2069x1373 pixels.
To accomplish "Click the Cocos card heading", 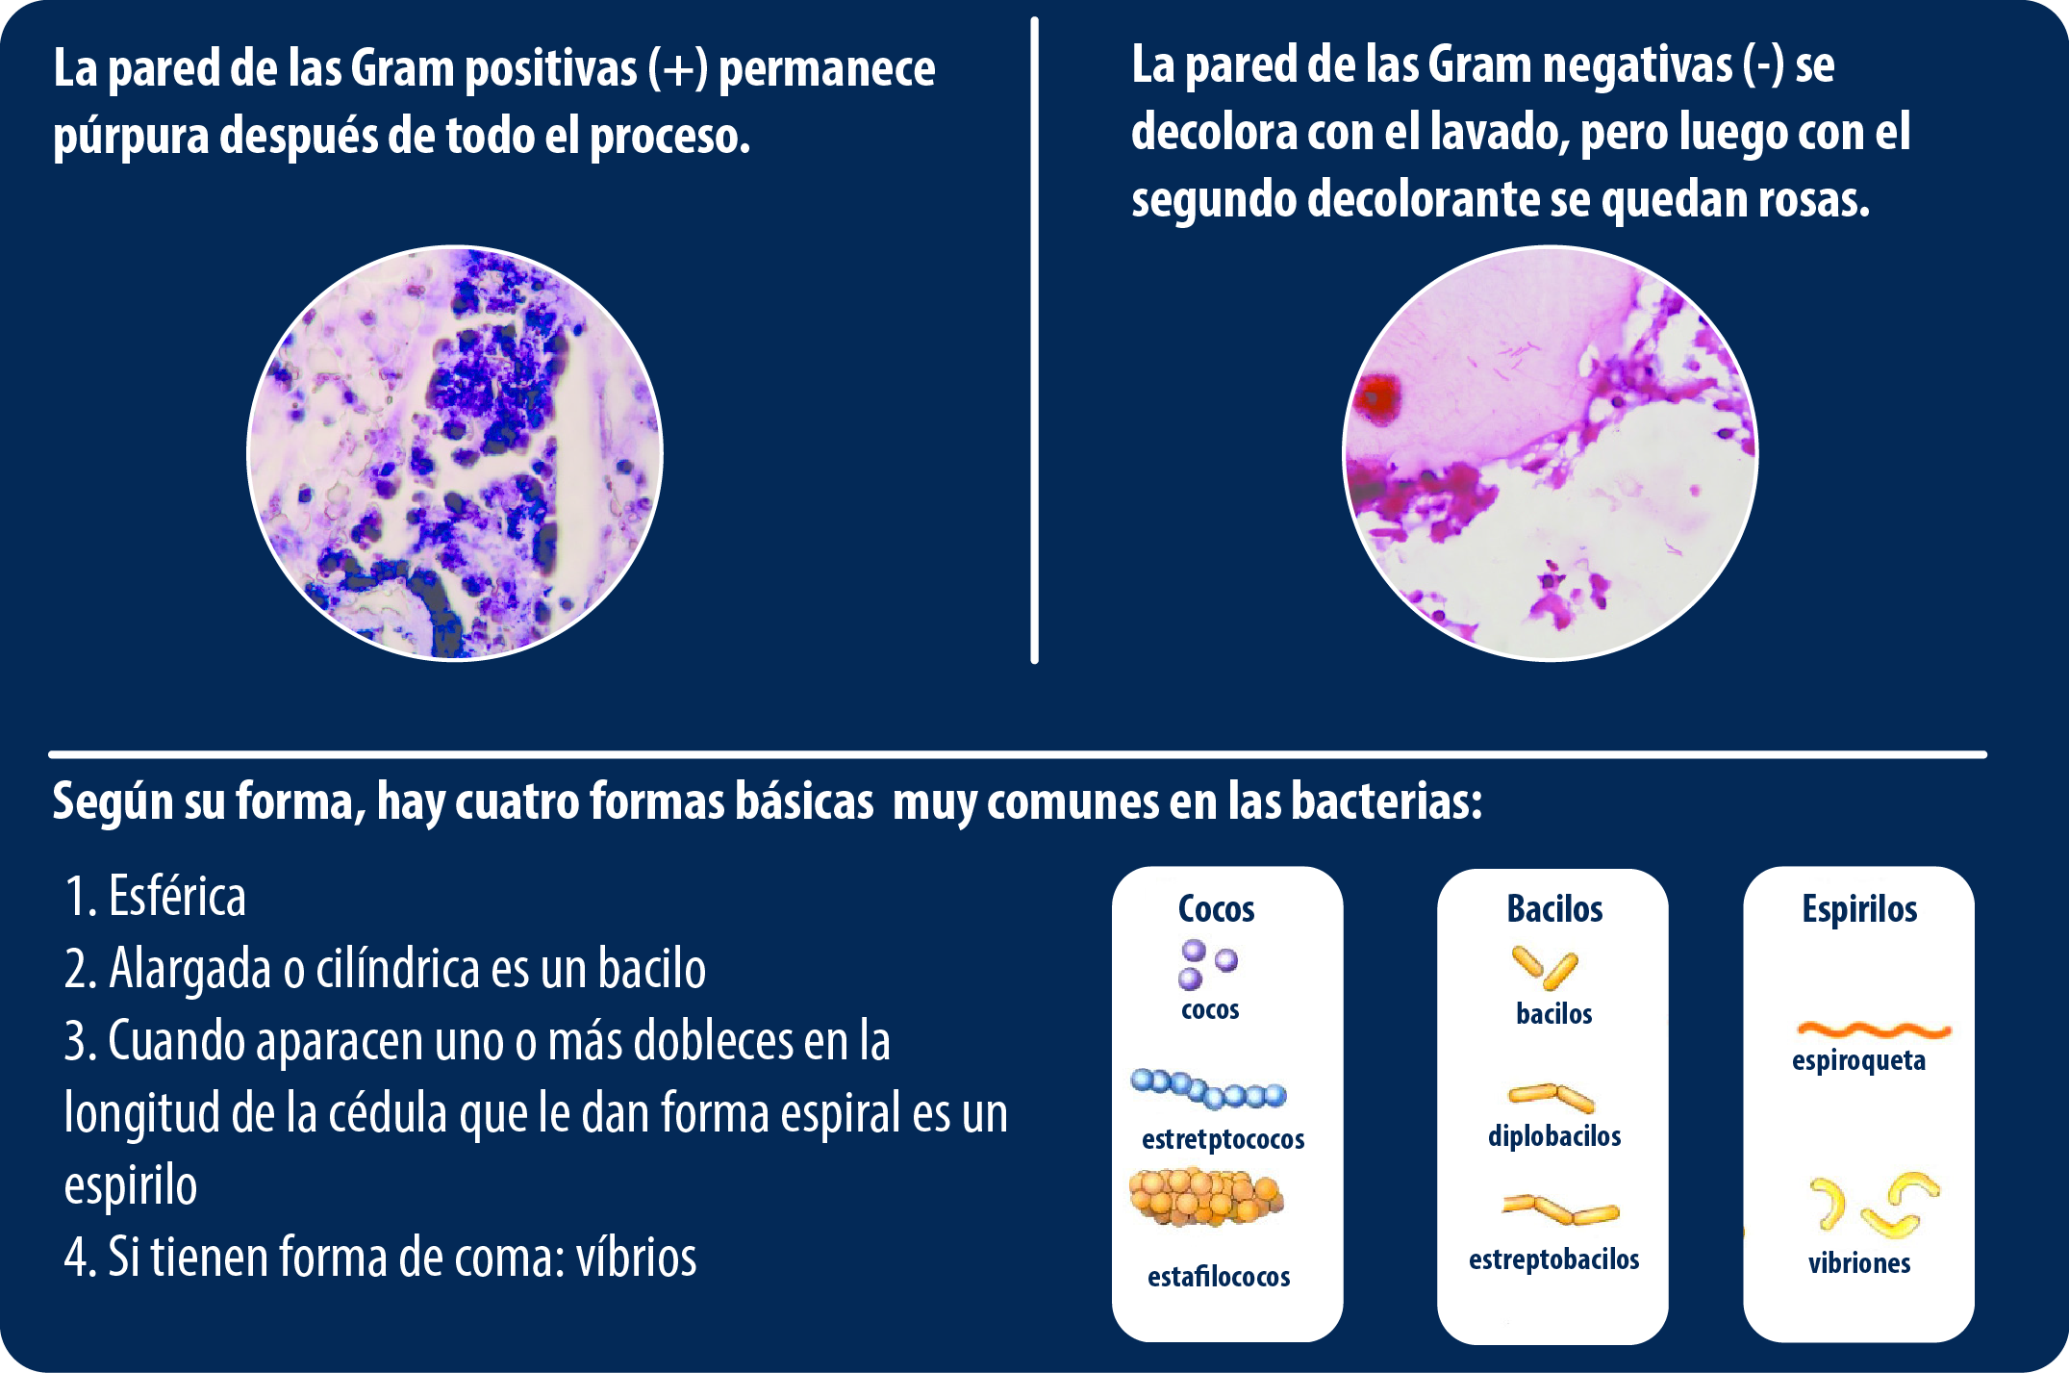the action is (x=1216, y=908).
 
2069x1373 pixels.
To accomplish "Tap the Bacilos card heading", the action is (x=1554, y=908).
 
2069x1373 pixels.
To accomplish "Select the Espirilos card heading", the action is (x=1859, y=909).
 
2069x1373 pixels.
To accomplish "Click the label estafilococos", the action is (x=1219, y=1277).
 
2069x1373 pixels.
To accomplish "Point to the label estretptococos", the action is (x=1223, y=1139).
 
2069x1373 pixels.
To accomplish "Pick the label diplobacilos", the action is (x=1554, y=1135).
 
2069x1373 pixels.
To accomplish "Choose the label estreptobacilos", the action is (x=1553, y=1259).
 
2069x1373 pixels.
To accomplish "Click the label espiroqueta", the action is (x=1858, y=1060).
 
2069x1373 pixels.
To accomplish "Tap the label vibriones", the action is (x=1859, y=1262).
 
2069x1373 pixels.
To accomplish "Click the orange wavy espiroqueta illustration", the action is (x=1873, y=1030).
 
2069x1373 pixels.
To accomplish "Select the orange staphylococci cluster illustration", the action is (x=1206, y=1197).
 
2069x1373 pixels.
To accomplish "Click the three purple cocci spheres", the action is (x=1206, y=964).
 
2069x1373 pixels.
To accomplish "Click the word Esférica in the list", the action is (x=177, y=897).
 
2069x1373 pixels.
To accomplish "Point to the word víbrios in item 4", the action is (x=636, y=1257).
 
